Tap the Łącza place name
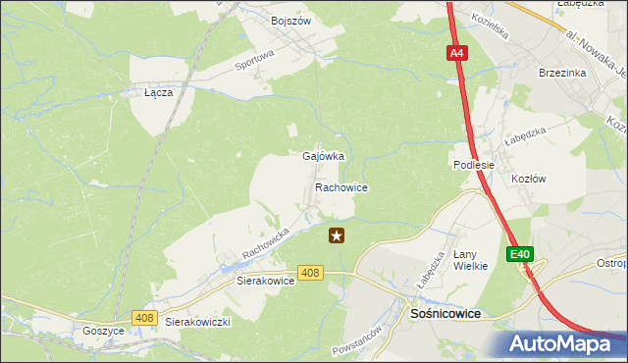158,92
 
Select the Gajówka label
323,157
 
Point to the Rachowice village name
341,186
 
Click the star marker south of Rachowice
337,235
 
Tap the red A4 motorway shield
457,55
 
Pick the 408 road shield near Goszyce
145,317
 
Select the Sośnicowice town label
444,313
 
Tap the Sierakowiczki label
197,322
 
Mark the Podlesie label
473,165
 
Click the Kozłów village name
529,179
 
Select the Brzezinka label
562,73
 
